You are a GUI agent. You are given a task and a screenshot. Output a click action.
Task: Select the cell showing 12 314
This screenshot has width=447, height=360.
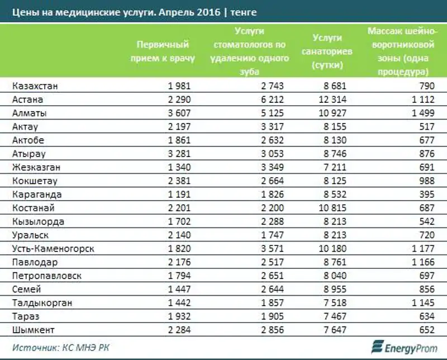pos(333,100)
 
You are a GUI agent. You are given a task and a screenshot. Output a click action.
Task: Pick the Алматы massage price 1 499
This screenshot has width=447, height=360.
pos(423,113)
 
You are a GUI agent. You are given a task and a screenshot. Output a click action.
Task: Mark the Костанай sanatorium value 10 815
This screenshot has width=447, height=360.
pos(333,208)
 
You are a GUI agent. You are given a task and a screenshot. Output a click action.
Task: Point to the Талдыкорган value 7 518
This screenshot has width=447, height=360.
pos(335,302)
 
